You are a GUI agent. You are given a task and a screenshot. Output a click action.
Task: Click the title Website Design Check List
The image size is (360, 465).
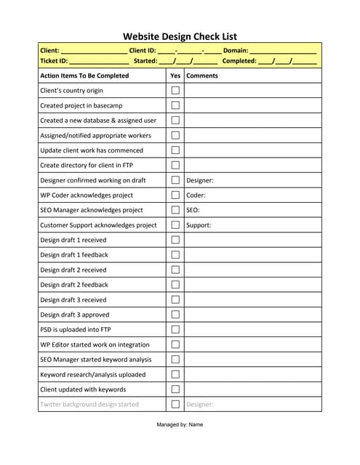[x=180, y=36]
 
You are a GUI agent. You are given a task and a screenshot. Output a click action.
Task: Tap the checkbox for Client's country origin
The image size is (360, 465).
[x=175, y=91]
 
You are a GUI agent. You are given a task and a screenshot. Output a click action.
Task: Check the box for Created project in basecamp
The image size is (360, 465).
[x=175, y=105]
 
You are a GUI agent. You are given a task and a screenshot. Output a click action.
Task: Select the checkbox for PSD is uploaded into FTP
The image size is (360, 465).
[x=175, y=330]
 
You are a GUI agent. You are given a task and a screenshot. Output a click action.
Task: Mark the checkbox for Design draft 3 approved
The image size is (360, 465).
[x=175, y=315]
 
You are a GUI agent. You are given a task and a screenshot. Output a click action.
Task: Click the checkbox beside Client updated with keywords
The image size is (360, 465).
[x=175, y=389]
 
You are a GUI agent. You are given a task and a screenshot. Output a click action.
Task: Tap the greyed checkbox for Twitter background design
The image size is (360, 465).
[x=175, y=405]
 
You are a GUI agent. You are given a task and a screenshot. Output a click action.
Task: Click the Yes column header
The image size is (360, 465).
[x=175, y=76]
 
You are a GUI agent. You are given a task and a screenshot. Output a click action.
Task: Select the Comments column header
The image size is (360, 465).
[x=202, y=76]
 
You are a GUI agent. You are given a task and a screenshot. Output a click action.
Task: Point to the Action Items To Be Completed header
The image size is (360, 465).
[x=84, y=76]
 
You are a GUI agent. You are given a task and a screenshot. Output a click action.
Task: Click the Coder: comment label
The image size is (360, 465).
[x=196, y=195]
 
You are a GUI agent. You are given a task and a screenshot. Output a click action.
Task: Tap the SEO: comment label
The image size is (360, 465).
[x=193, y=210]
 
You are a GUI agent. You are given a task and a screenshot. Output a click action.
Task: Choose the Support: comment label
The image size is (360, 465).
[x=199, y=225]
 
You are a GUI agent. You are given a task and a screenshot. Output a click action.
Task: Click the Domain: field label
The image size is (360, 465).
[x=236, y=51]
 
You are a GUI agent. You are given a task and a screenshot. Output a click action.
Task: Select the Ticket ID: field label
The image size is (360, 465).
[x=54, y=61]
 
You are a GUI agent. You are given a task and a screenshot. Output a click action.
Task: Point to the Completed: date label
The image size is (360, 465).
[x=239, y=61]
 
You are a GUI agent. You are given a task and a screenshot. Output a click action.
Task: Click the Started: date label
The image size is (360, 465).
[x=145, y=61]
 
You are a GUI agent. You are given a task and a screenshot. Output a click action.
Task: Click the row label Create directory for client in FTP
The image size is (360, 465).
[x=87, y=166]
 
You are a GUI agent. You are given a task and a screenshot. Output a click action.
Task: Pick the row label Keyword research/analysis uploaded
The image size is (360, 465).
[x=92, y=375]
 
